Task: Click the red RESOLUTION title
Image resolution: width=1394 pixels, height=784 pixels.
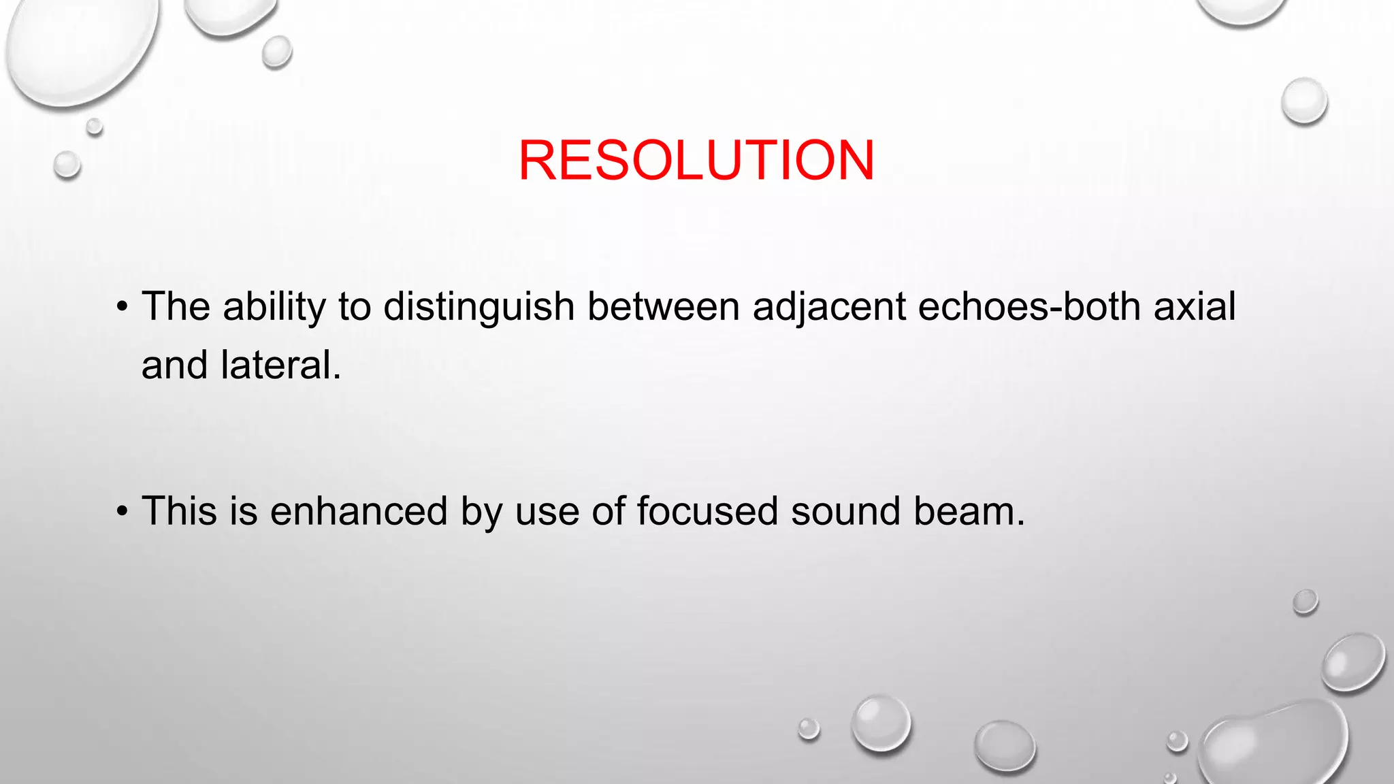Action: (x=696, y=161)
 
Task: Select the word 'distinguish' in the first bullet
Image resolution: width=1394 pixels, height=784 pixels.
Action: (x=479, y=307)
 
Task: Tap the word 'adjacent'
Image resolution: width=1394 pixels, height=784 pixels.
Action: (x=829, y=307)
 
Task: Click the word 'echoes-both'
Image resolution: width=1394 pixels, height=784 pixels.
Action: (x=1030, y=307)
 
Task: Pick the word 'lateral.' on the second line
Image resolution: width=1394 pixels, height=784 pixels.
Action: (x=280, y=365)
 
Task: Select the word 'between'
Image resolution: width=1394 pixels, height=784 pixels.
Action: (x=664, y=307)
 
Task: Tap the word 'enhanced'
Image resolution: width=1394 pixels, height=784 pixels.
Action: (x=359, y=511)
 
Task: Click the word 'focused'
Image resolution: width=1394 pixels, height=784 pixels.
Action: (x=707, y=511)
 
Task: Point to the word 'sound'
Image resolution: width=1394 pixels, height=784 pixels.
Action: (x=845, y=511)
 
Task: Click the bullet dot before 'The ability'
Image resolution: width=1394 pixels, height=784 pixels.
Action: (x=122, y=306)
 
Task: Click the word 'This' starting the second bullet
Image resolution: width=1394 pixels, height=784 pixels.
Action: (x=180, y=511)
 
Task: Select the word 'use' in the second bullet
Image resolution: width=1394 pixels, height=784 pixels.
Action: (x=547, y=511)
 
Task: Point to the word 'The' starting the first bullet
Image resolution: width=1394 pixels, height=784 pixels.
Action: (x=176, y=307)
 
